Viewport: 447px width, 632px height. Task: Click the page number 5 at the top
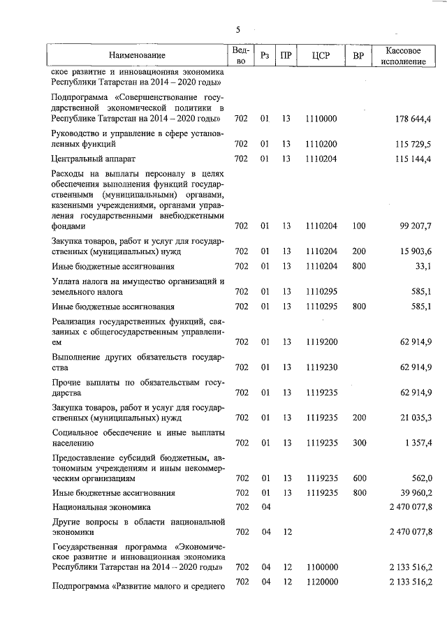[238, 30]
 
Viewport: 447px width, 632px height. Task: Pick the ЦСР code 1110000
[321, 119]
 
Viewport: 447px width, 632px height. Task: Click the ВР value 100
[359, 226]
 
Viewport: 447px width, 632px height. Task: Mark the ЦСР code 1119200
[321, 341]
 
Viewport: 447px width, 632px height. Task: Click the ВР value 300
[359, 442]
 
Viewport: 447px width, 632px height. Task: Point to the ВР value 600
[359, 478]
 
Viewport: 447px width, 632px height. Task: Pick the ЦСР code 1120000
[321, 582]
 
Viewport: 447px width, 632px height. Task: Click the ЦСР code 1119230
[321, 367]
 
